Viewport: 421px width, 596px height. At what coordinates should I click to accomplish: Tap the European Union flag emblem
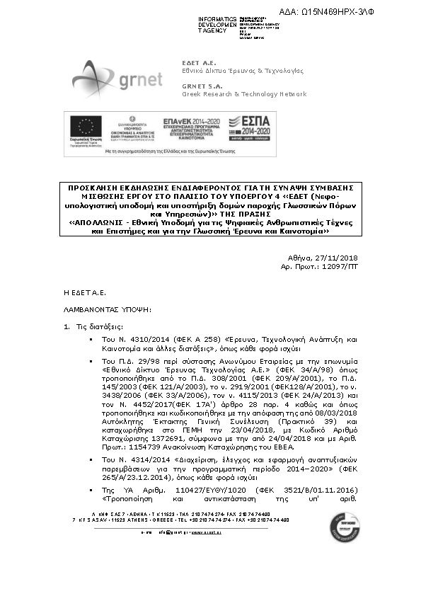pyautogui.click(x=86, y=127)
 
